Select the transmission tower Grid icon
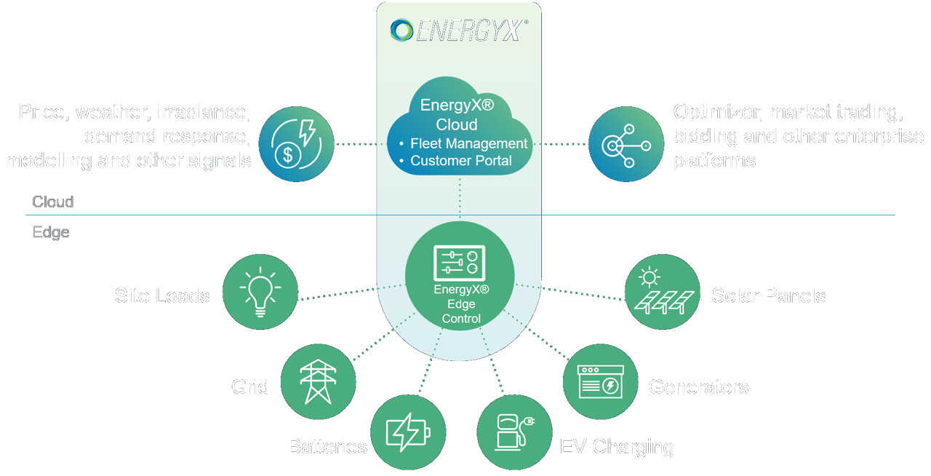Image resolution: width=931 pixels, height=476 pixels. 318,381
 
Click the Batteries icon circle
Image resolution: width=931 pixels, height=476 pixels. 408,432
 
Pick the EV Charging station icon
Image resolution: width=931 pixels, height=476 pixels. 514,432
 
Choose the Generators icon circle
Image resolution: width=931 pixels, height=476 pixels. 601,381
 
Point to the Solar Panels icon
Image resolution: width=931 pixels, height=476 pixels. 662,292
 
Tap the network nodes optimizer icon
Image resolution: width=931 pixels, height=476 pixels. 626,144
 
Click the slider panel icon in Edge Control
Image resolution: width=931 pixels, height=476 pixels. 460,263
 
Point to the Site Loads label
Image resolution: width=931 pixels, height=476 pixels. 162,295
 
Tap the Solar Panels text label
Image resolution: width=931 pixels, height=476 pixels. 768,295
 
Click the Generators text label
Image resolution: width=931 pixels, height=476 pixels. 698,386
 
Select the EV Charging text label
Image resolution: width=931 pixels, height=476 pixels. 617,445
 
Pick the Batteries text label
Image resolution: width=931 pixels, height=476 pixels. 327,445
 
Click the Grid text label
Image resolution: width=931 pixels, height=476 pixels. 249,386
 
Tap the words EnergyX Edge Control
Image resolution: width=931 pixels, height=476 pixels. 460,304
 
